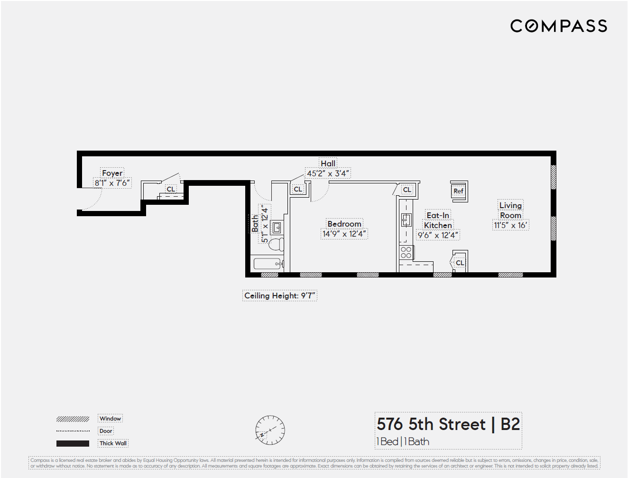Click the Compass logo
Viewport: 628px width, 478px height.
tap(558, 26)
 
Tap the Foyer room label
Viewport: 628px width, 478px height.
tap(112, 173)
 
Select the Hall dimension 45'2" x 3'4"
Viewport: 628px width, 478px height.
tap(328, 173)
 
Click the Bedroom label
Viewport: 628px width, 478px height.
tap(344, 224)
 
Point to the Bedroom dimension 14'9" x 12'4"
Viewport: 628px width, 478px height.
tap(344, 234)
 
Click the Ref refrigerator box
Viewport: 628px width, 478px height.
tap(458, 191)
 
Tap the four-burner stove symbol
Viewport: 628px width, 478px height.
tap(406, 252)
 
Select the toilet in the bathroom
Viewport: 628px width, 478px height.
tap(276, 244)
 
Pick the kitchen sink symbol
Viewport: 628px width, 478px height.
tap(406, 220)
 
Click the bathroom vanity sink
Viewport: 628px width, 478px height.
tap(277, 228)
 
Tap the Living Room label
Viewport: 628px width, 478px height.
tap(510, 210)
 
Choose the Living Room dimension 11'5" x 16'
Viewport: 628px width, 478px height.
tap(510, 225)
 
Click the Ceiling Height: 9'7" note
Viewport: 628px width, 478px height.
tap(279, 296)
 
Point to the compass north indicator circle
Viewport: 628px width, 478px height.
tap(270, 430)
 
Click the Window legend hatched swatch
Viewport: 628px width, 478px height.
tap(73, 419)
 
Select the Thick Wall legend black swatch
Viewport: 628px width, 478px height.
tap(73, 443)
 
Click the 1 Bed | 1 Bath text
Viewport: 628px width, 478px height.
tap(403, 441)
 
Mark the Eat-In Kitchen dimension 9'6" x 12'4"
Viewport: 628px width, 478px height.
tap(438, 235)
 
